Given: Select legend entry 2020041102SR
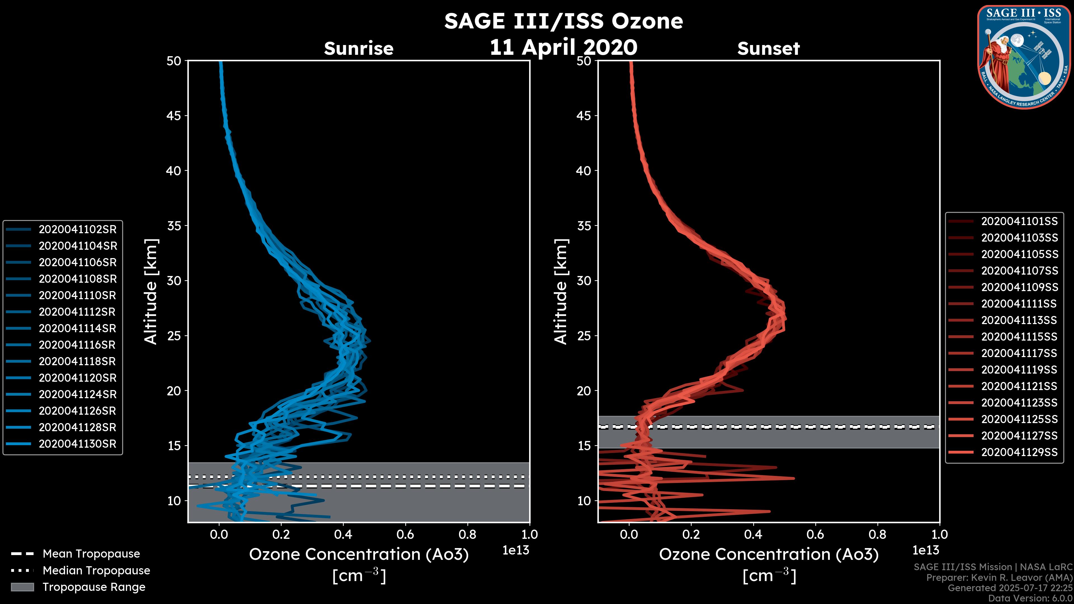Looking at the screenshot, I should coord(77,229).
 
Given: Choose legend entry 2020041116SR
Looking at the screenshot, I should coord(77,345).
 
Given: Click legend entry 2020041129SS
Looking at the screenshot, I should coord(1019,452).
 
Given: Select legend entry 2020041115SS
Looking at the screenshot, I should coord(1019,336).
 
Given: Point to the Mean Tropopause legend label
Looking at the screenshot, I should coord(91,554).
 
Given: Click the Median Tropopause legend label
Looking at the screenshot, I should coord(96,570).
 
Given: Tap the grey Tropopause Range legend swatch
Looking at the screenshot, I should coord(22,587).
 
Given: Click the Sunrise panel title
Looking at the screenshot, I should coord(359,48).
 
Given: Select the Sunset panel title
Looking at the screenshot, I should coord(768,48).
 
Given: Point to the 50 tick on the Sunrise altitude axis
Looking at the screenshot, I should coord(174,61).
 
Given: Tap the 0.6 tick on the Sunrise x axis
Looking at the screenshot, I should coord(405,534).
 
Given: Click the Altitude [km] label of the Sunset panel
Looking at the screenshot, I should coord(561,292).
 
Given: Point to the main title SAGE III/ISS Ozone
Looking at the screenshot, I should coord(563,21).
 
